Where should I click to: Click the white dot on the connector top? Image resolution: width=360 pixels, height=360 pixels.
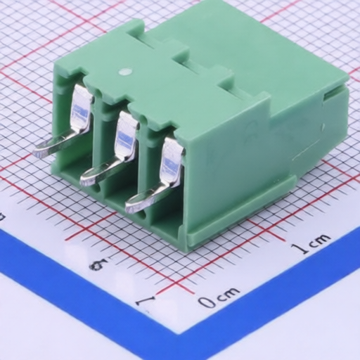coord(125,72)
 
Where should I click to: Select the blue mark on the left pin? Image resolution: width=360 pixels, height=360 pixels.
coord(81,112)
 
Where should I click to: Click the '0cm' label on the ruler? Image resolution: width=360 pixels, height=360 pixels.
coord(219,297)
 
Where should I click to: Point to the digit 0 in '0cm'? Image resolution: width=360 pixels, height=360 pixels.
coord(207,302)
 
